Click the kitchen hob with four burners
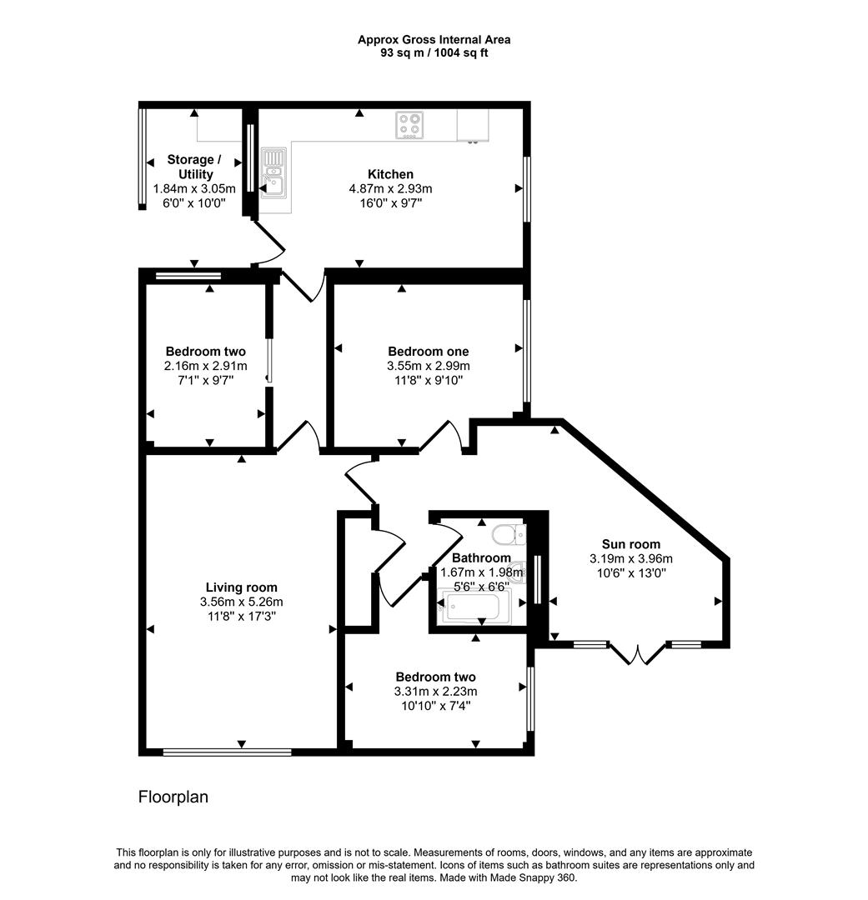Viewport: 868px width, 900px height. point(409,125)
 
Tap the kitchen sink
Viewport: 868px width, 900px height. point(273,172)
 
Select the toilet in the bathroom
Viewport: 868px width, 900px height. point(506,534)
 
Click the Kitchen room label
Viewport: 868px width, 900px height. point(390,174)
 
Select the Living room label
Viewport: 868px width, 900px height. point(241,587)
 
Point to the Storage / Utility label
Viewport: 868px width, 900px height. point(194,167)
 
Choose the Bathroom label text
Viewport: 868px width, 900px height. point(481,557)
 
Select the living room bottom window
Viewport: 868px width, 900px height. point(227,752)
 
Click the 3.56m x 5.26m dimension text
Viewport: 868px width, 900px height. point(242,602)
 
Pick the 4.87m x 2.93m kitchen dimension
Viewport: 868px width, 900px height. point(390,188)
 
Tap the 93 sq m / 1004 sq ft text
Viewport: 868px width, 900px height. point(434,52)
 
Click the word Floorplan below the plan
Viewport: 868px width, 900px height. point(173,797)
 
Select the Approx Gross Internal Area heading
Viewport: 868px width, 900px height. point(434,39)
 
